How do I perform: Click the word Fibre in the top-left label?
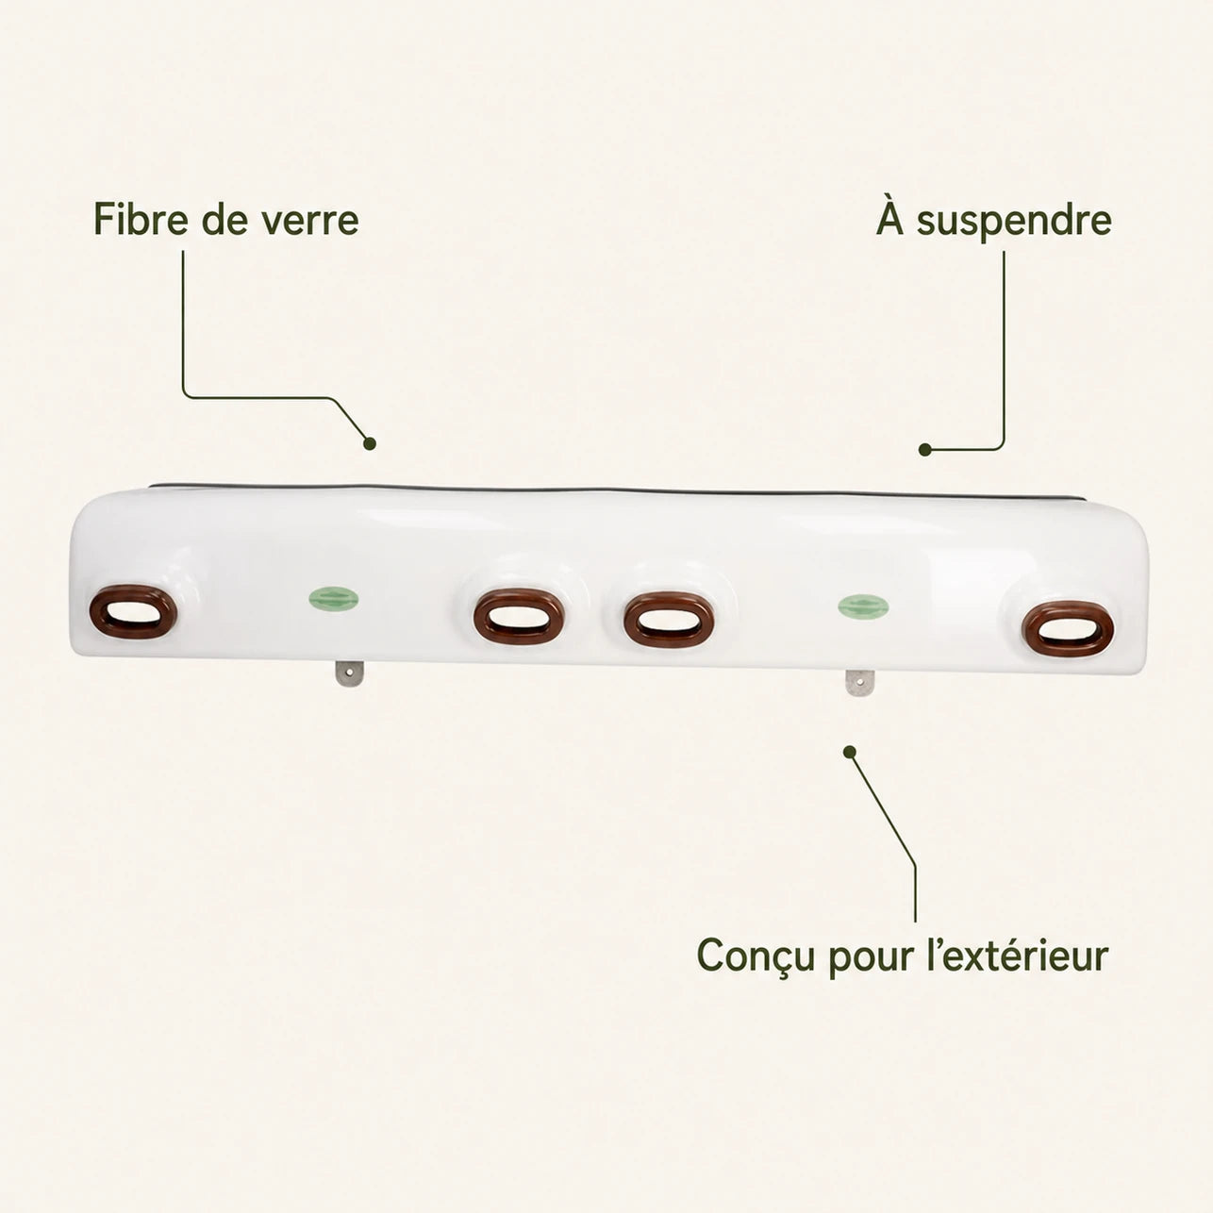tap(141, 219)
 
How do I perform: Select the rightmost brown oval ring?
tap(1067, 628)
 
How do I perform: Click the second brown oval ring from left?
tap(519, 617)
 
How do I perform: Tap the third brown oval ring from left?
tap(669, 619)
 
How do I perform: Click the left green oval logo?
tap(334, 599)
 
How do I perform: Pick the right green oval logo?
tap(864, 606)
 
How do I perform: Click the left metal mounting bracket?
tap(349, 673)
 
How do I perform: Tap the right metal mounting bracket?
tap(859, 683)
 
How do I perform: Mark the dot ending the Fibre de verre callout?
tap(370, 443)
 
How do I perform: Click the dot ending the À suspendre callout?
tap(924, 449)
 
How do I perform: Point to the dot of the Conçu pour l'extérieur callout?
tap(850, 752)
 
